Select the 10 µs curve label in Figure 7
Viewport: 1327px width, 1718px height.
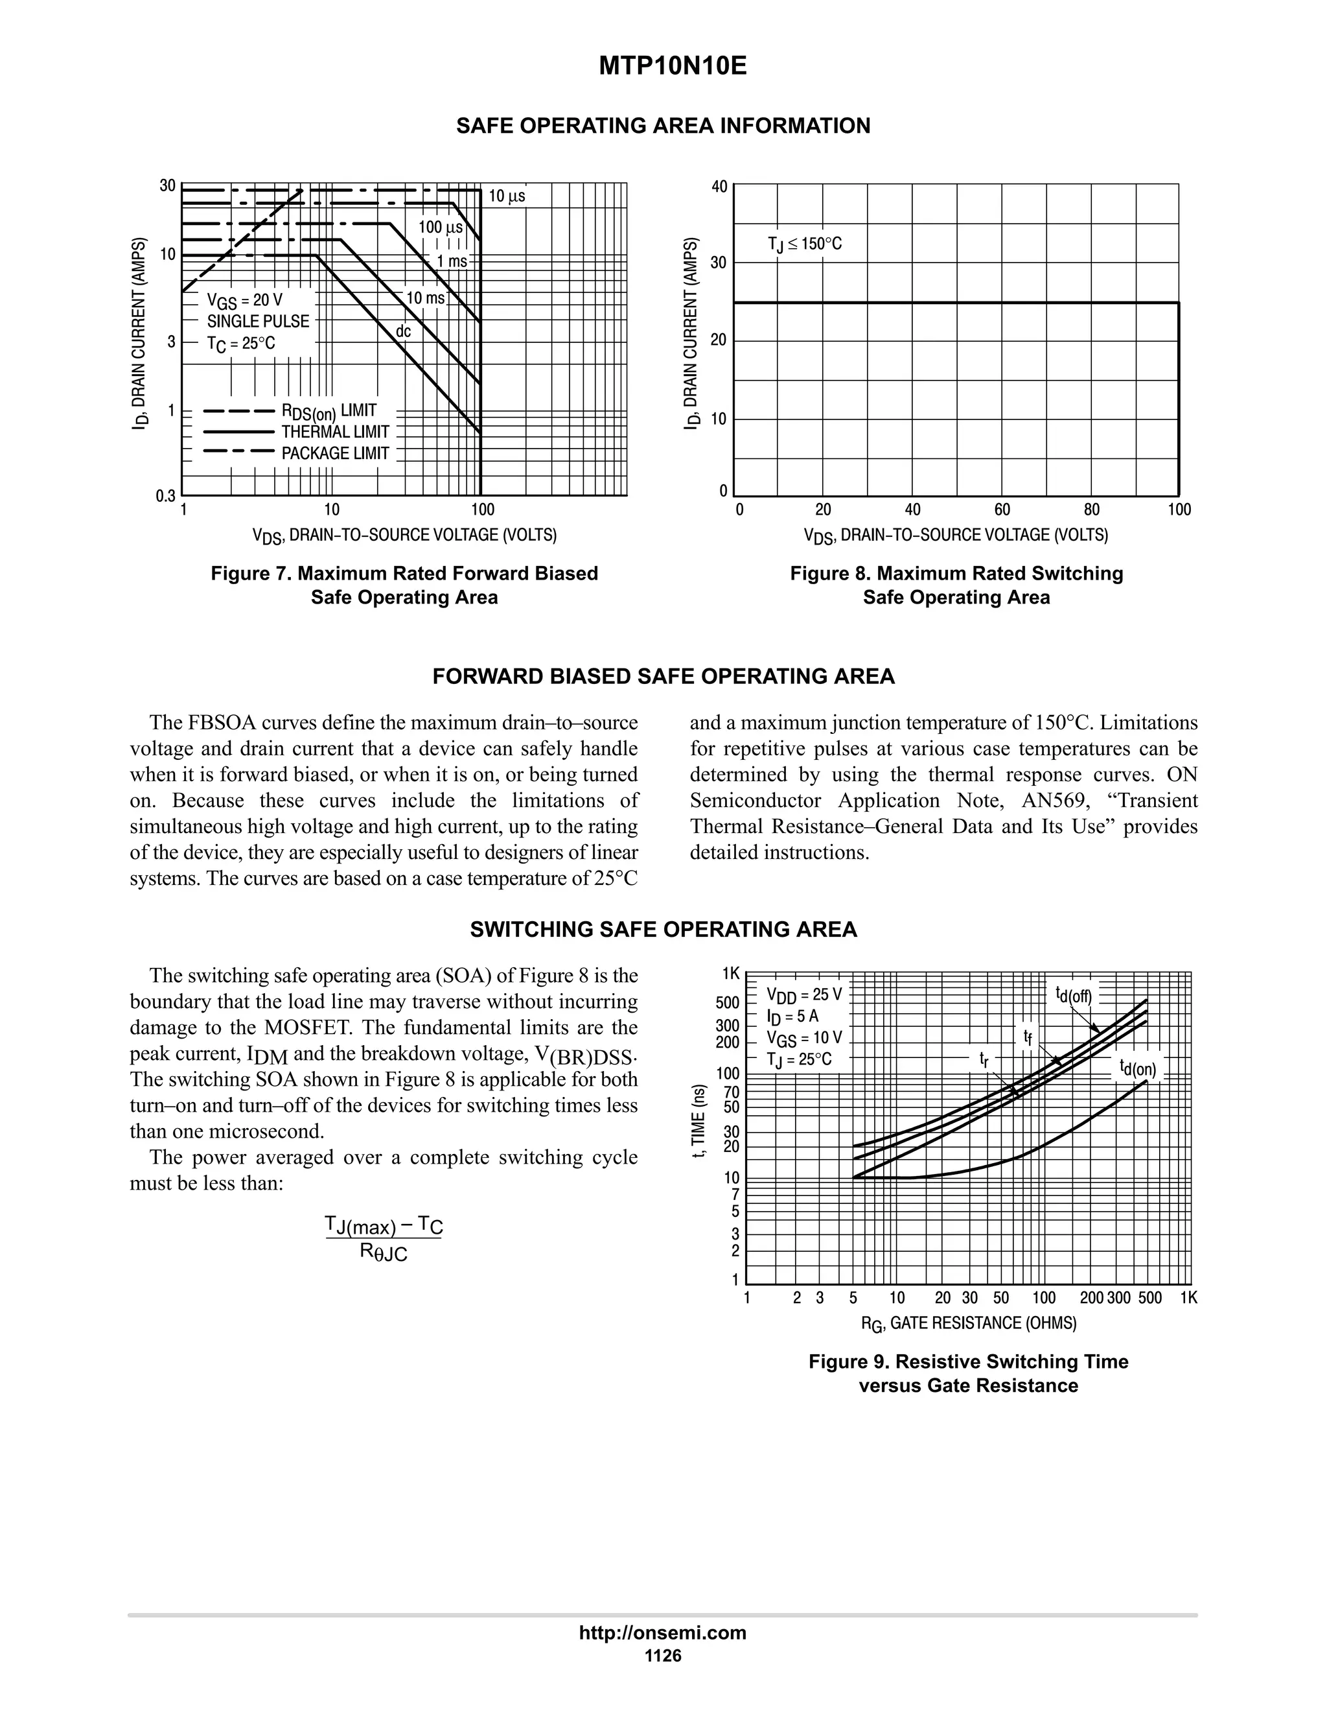click(506, 196)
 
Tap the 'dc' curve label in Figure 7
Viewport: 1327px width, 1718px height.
click(402, 331)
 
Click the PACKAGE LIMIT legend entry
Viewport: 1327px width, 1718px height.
click(335, 453)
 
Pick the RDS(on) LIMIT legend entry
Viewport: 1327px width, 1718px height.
click(329, 410)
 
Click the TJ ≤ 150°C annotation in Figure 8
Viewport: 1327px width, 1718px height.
click(804, 244)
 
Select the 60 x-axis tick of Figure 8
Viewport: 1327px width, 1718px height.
click(1002, 510)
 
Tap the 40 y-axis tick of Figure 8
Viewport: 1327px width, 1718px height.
click(719, 187)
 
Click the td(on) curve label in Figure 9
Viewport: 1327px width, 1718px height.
click(1138, 1068)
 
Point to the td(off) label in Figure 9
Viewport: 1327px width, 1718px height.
click(1073, 995)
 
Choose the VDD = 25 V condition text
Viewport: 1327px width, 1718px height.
click(803, 995)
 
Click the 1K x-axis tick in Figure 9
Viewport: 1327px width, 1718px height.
click(1188, 1298)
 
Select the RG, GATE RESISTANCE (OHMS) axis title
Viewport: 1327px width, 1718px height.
click(969, 1324)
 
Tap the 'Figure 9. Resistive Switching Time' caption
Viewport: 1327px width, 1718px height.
click(968, 1361)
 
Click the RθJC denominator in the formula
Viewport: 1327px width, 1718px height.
click(384, 1251)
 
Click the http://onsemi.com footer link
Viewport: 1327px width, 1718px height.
click(663, 1632)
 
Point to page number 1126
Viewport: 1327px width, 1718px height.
click(663, 1655)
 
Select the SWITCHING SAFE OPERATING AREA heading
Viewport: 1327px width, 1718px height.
click(663, 929)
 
